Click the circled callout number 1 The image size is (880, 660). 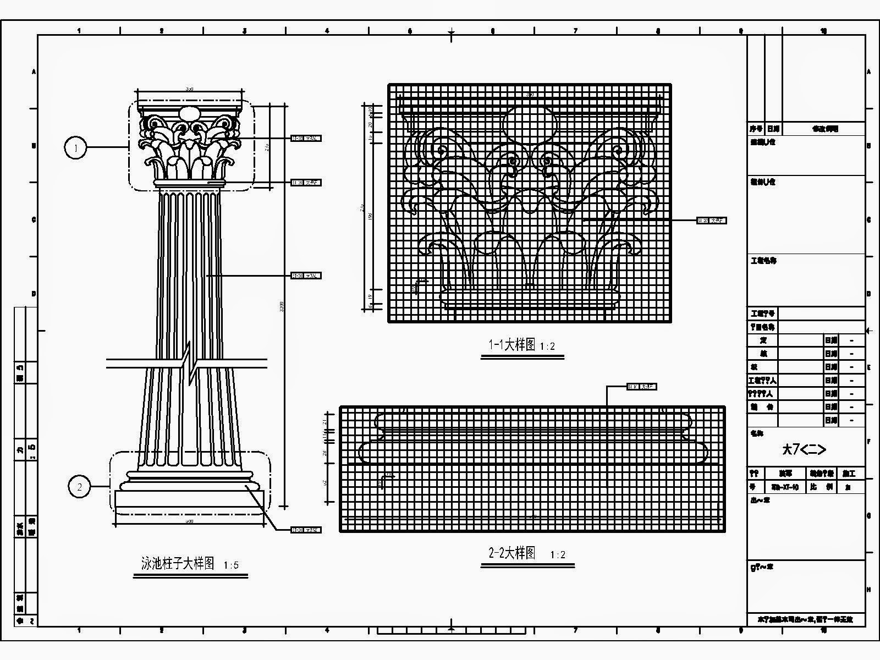point(76,147)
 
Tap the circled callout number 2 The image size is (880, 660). point(80,487)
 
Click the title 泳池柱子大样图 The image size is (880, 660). point(178,563)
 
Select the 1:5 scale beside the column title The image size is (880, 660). point(232,565)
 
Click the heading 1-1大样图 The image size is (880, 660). point(512,345)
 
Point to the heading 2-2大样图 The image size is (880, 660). point(512,553)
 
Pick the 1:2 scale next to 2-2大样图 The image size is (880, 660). point(558,555)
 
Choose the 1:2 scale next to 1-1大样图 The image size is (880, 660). point(547,346)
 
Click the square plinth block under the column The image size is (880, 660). point(189,501)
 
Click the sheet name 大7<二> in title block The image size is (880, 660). point(804,449)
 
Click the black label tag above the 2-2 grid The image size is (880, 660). point(641,387)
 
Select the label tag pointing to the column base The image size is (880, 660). point(306,530)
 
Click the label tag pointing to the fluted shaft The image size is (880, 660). point(306,276)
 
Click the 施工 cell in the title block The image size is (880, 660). point(849,474)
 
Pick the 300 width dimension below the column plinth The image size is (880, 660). point(189,520)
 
